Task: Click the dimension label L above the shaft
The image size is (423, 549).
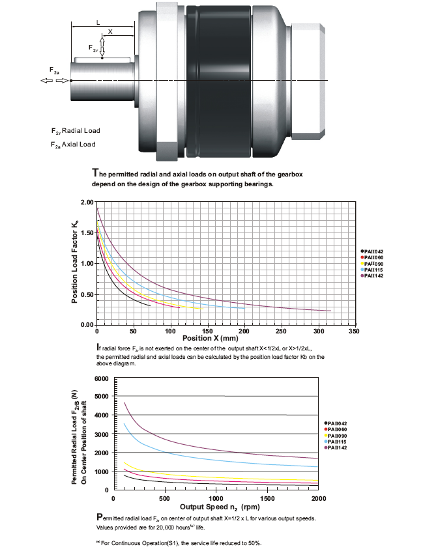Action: click(x=98, y=23)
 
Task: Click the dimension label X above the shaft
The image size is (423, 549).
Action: click(x=110, y=31)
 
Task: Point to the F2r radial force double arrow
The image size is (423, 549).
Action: click(x=102, y=48)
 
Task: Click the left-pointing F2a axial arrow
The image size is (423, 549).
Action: click(x=47, y=81)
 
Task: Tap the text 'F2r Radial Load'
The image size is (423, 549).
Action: click(x=76, y=131)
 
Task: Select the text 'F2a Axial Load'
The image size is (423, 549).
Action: click(x=73, y=145)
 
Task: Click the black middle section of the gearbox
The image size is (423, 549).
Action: click(x=218, y=81)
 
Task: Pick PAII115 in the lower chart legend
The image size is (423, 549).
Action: click(x=336, y=442)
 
